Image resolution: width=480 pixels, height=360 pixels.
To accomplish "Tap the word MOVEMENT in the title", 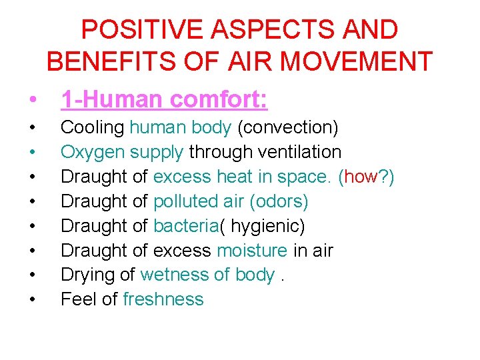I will coord(357,61).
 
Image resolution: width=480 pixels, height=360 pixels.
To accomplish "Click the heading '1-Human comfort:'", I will coord(164,100).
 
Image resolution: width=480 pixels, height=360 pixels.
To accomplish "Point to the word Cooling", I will coord(92,127).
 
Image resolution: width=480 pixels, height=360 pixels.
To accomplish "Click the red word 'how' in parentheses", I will coord(361,177).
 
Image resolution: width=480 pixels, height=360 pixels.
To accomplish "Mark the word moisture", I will coord(252,251).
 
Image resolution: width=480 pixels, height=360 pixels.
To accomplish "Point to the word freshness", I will coord(163,299).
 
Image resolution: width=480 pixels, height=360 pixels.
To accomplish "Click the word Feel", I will coord(78,299).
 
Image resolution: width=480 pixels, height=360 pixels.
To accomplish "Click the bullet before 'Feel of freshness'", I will coord(32,300).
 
